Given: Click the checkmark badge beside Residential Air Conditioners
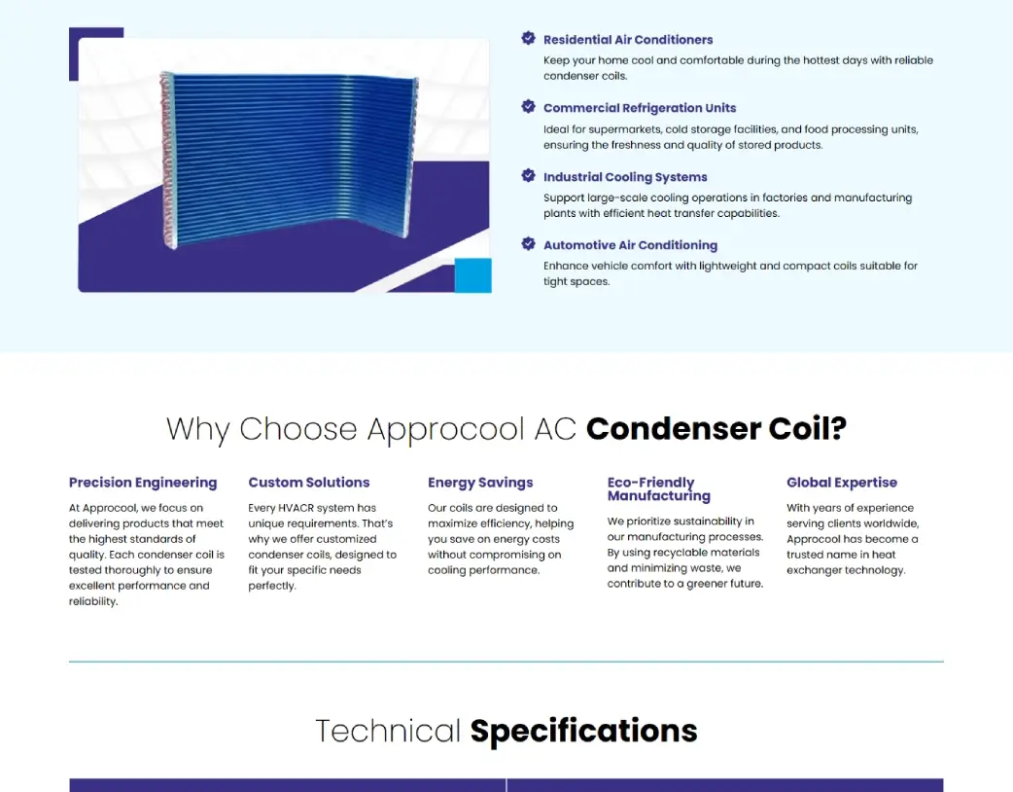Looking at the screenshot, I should (x=528, y=39).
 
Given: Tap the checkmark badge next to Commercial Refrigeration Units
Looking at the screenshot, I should (x=528, y=107).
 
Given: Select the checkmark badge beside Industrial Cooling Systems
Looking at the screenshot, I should (x=528, y=176).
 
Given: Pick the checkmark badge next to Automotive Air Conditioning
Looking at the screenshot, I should (x=528, y=244).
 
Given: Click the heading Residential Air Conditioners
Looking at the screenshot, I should (x=628, y=40).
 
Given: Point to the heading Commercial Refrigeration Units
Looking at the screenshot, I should (x=640, y=108).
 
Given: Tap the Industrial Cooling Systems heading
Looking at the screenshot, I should (x=625, y=177).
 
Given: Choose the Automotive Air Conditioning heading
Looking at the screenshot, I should (x=630, y=245).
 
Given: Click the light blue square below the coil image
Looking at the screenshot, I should (x=473, y=275).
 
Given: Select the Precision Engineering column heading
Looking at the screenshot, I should (x=143, y=483).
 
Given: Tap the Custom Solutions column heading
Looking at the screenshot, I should (x=309, y=483).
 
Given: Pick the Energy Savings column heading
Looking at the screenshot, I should (x=480, y=483).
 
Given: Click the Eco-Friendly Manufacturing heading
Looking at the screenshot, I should (x=659, y=488).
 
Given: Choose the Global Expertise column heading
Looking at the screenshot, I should (x=842, y=483).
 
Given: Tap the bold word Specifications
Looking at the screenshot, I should (x=583, y=731).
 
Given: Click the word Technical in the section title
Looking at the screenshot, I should (x=388, y=731).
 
